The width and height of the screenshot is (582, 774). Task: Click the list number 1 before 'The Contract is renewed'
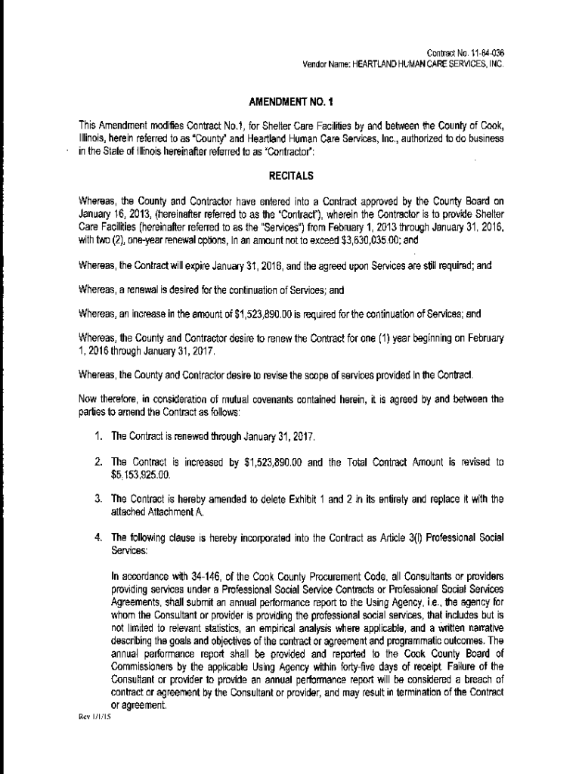pos(99,438)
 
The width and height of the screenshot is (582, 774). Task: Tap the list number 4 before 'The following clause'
pos(99,537)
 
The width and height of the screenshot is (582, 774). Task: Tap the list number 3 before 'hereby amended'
pos(99,500)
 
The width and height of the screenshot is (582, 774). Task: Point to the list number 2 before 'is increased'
pos(99,462)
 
